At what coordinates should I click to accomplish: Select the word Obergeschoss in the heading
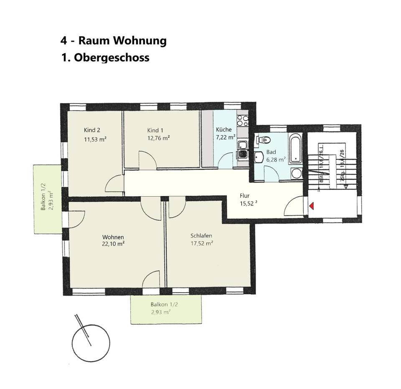112,57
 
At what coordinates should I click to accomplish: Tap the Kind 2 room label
92,130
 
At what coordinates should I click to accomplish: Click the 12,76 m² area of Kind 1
158,138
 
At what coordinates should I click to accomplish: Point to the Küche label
224,129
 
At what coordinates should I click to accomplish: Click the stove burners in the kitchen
243,120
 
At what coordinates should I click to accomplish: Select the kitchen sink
242,145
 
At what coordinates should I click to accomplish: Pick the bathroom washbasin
259,157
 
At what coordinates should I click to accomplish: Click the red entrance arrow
312,206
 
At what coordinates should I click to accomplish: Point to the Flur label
245,195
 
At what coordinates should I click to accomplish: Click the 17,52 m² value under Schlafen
202,243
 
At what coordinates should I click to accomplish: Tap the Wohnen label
113,237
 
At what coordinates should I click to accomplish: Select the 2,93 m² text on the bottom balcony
161,312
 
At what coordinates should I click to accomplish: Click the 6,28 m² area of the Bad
276,159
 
